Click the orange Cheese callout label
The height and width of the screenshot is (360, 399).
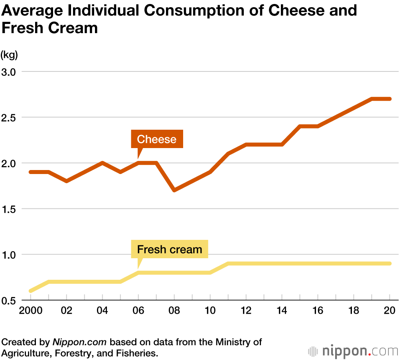[157, 139]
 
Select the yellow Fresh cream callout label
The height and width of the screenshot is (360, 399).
[170, 250]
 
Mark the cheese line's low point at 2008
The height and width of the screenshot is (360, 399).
[174, 190]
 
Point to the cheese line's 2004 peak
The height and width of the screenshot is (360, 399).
[103, 163]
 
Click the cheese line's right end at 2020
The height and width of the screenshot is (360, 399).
[389, 99]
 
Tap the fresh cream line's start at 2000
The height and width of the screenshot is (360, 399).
[31, 291]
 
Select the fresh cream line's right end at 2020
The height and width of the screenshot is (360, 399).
[389, 263]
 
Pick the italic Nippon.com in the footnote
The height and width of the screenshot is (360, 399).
[80, 342]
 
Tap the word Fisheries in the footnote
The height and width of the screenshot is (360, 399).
[137, 353]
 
